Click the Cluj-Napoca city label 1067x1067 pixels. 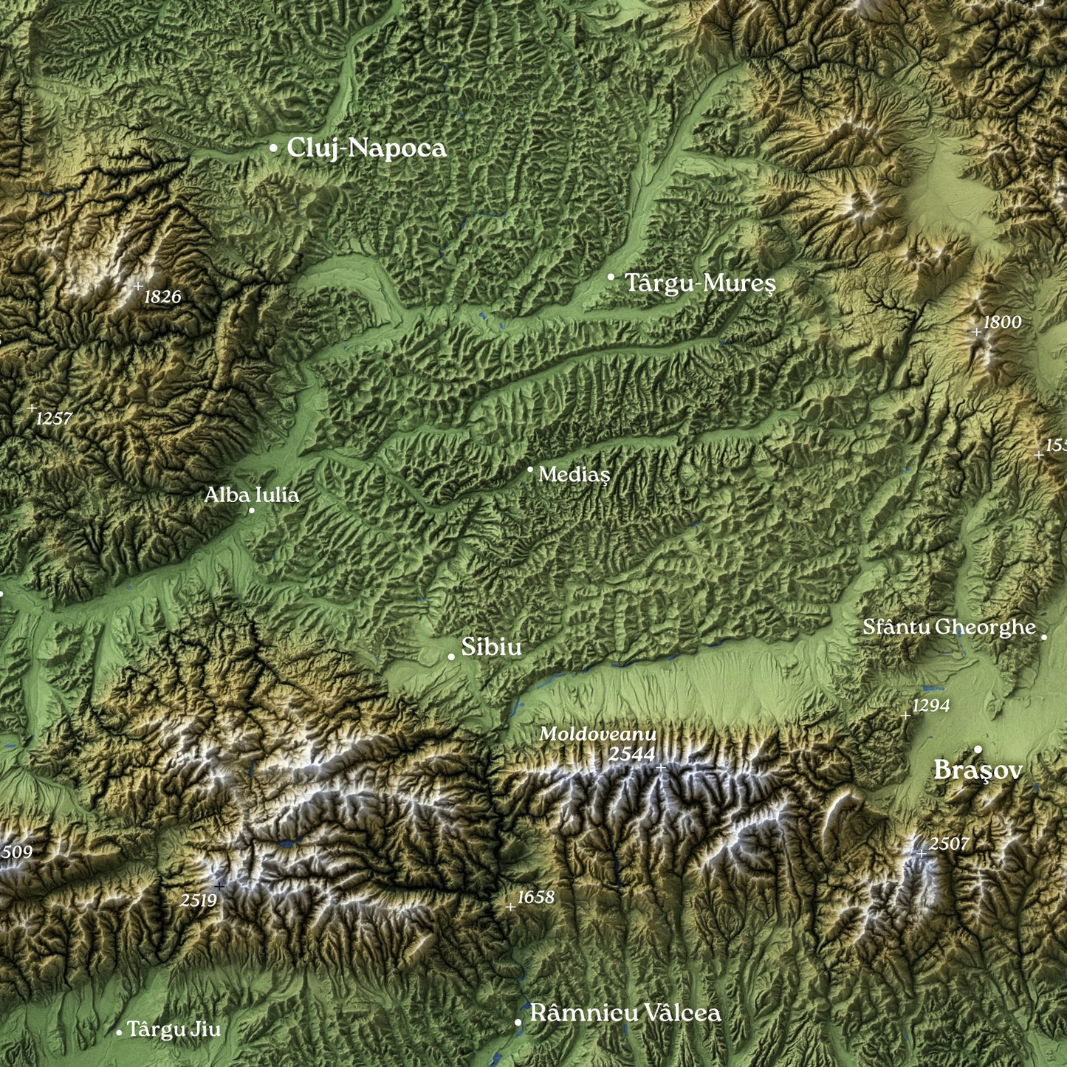(366, 148)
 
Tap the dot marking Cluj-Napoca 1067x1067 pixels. (273, 148)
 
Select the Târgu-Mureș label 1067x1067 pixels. (700, 283)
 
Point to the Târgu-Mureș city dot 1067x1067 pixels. (611, 277)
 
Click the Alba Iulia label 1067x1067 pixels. (252, 495)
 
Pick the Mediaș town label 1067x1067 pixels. (574, 474)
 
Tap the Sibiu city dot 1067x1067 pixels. (451, 656)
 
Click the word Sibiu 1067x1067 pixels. (491, 647)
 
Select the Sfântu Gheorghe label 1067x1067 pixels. (949, 627)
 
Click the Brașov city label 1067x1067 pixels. (978, 770)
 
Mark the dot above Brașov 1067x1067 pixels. (978, 749)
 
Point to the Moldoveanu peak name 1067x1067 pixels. (597, 734)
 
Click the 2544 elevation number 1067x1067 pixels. (631, 754)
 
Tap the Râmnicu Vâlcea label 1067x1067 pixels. (625, 1013)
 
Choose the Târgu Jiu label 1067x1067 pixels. (174, 1029)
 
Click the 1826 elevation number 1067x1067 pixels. (162, 297)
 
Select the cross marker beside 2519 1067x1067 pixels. (219, 886)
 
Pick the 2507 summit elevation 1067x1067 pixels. (949, 843)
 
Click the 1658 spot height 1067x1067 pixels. (535, 897)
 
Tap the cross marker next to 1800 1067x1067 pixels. (976, 332)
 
